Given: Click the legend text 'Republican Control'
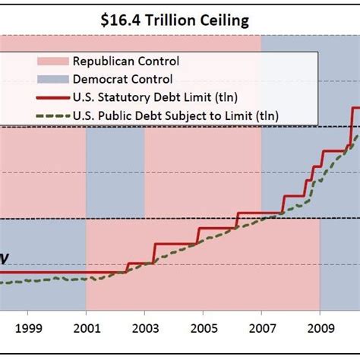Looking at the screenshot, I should (122, 60).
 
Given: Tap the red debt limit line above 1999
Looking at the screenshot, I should (27, 272).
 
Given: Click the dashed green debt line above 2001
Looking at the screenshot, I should (86, 279).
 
